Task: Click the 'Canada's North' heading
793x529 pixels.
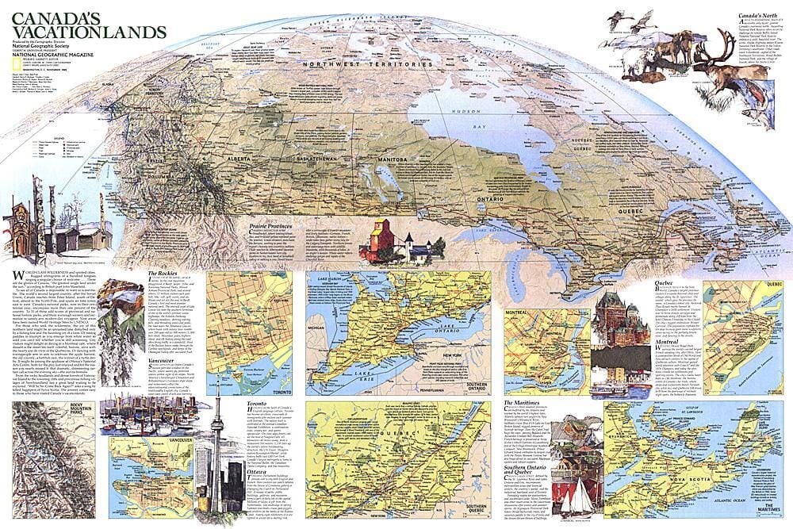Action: click(x=761, y=15)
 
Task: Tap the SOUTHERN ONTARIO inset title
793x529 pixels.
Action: click(x=476, y=387)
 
